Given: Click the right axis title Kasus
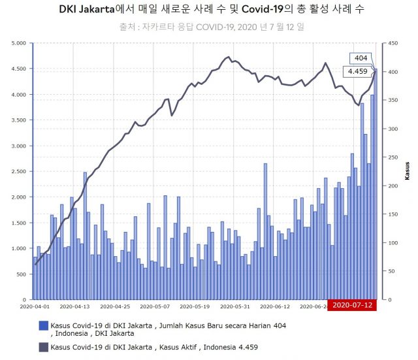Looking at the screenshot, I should [x=407, y=171].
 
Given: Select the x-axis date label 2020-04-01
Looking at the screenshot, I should [x=35, y=306].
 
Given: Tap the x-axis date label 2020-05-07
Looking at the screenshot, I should [x=155, y=306].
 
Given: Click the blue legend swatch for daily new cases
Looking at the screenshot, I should [x=44, y=325].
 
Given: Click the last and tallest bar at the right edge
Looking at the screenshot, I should [x=376, y=184].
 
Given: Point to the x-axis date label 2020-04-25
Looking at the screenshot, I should [x=115, y=306].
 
